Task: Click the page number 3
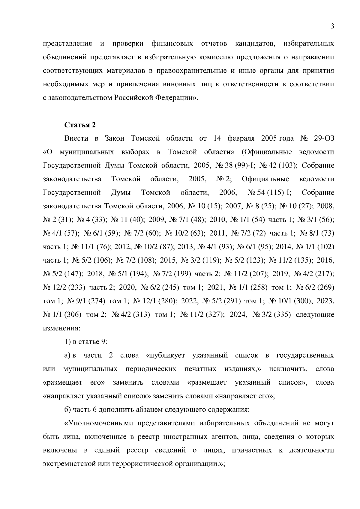tap(332, 26)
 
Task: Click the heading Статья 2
tap(80, 125)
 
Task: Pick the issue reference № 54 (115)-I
tap(270, 192)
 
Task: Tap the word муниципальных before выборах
tap(86, 152)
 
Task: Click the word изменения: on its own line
tap(61, 328)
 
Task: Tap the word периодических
tap(151, 369)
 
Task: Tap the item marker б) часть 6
tap(68, 410)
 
